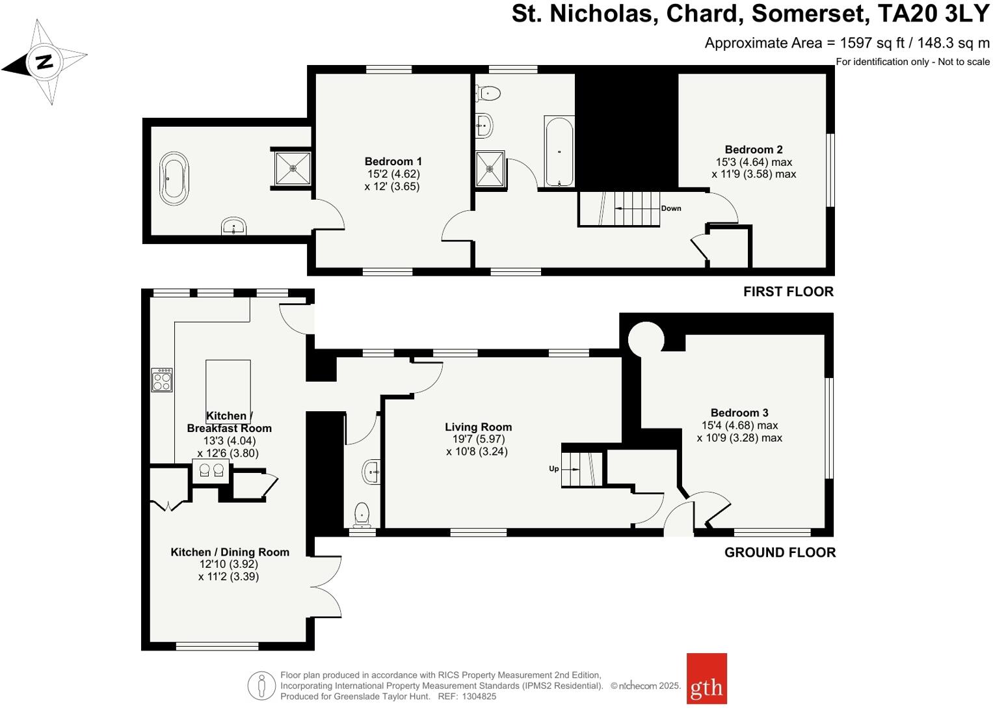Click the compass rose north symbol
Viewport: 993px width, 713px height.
click(x=44, y=62)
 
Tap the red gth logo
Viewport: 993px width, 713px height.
click(x=706, y=679)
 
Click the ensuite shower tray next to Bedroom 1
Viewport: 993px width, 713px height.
click(x=293, y=168)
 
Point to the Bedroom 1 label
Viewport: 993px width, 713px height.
click(x=393, y=161)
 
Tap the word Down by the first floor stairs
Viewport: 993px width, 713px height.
click(x=671, y=208)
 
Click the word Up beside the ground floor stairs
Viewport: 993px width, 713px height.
click(x=554, y=468)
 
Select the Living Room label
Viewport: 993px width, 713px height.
click(x=478, y=427)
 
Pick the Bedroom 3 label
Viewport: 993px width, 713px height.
click(x=739, y=412)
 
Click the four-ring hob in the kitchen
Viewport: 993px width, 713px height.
click(x=162, y=380)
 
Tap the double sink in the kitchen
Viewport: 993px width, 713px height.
click(x=211, y=470)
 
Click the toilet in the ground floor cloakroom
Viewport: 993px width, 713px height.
click(x=362, y=515)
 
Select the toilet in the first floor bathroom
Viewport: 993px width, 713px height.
click(x=489, y=94)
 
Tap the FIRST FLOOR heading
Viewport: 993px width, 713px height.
click(x=788, y=291)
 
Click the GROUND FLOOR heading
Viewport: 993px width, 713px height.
click(x=780, y=552)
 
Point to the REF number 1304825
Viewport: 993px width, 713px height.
click(x=479, y=696)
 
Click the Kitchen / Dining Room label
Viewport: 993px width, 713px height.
click(x=230, y=552)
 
